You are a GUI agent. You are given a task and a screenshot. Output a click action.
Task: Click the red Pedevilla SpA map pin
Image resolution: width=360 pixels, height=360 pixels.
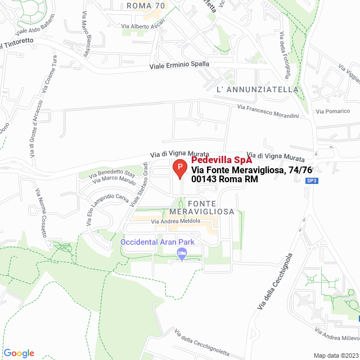[x=179, y=168]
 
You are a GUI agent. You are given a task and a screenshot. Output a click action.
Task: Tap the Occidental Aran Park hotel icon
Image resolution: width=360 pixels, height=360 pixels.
[x=181, y=254]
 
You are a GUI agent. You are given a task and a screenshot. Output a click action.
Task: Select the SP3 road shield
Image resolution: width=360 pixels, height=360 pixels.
[x=312, y=181]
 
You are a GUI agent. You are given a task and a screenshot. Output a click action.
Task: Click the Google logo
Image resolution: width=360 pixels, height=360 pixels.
[x=19, y=353]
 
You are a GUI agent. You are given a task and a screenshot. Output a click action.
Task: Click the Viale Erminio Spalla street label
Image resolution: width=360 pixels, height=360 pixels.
[x=178, y=65]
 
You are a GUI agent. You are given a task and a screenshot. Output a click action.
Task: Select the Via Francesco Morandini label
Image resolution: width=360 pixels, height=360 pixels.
[x=267, y=111]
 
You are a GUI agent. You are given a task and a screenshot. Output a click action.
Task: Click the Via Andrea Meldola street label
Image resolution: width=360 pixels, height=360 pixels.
[x=175, y=221]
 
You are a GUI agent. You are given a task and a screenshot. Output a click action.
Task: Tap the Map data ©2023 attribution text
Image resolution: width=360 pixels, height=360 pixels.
[x=336, y=355]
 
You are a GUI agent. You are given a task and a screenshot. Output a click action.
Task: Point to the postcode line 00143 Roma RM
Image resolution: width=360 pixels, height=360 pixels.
[x=224, y=179]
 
